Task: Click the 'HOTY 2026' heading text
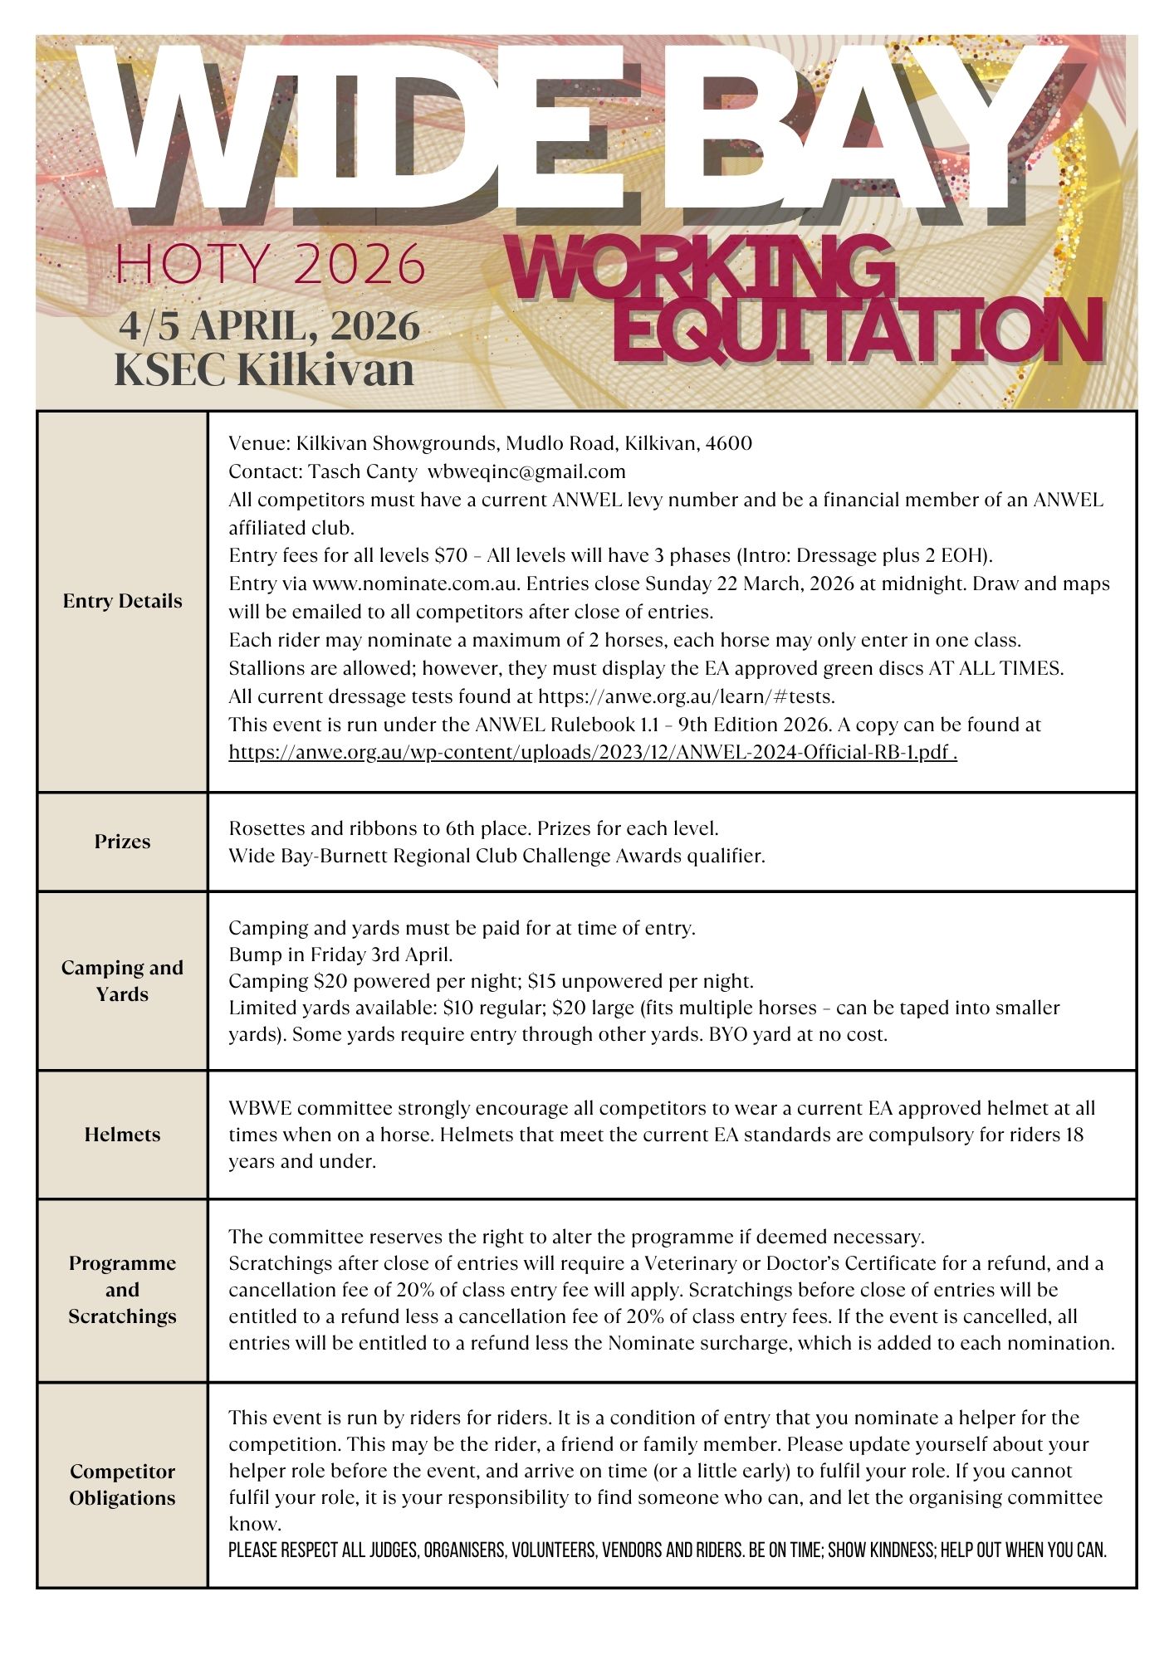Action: coord(271,263)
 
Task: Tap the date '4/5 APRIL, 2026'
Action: coord(269,326)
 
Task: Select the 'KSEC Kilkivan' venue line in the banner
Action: coord(264,369)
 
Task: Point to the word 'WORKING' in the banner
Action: coord(697,268)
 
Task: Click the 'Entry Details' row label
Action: coord(122,601)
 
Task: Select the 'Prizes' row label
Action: coord(122,842)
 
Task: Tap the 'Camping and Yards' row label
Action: coord(122,980)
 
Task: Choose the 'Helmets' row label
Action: coord(122,1135)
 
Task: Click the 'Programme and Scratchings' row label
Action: coord(122,1289)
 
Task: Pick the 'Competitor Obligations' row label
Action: coord(122,1484)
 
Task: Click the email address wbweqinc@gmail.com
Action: coord(526,471)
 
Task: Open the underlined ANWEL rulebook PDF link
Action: coord(593,753)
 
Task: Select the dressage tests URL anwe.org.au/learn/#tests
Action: coord(686,696)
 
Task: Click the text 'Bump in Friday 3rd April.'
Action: coord(340,954)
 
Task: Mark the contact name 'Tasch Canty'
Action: coord(363,471)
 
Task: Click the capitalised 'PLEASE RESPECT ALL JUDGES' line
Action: coord(667,1550)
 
